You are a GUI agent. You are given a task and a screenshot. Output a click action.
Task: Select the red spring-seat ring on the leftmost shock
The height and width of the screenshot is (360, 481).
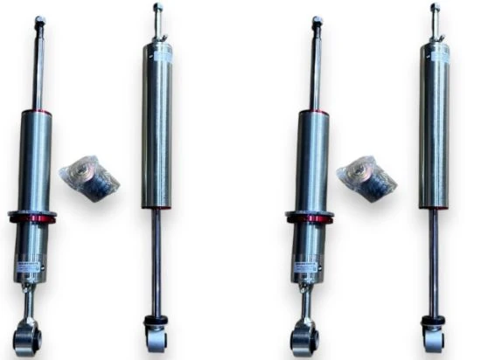tap(32, 216)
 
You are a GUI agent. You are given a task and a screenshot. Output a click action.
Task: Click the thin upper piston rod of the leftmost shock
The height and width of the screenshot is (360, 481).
tap(38, 70)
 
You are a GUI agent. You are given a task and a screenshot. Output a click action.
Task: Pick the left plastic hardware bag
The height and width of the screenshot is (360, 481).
tap(89, 178)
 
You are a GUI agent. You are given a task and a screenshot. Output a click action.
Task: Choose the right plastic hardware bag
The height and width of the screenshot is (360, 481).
tap(366, 178)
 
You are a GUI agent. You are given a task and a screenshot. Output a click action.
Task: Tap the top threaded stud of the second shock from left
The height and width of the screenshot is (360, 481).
tap(157, 17)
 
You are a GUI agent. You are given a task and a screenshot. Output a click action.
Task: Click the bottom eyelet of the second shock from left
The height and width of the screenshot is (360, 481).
tap(157, 336)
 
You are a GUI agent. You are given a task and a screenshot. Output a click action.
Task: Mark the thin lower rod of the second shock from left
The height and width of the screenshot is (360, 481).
tap(157, 262)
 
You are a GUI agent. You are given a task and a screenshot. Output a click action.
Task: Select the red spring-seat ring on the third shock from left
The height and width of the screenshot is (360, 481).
tap(309, 216)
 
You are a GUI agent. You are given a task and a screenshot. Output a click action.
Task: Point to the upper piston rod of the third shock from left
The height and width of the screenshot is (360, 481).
tap(316, 70)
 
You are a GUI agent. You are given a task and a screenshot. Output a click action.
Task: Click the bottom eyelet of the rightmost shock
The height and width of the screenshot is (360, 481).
tap(433, 336)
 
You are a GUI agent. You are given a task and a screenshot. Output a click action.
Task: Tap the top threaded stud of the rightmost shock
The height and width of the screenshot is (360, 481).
tap(435, 17)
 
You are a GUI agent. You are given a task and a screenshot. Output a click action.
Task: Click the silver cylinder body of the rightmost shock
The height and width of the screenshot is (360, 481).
tap(435, 131)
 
